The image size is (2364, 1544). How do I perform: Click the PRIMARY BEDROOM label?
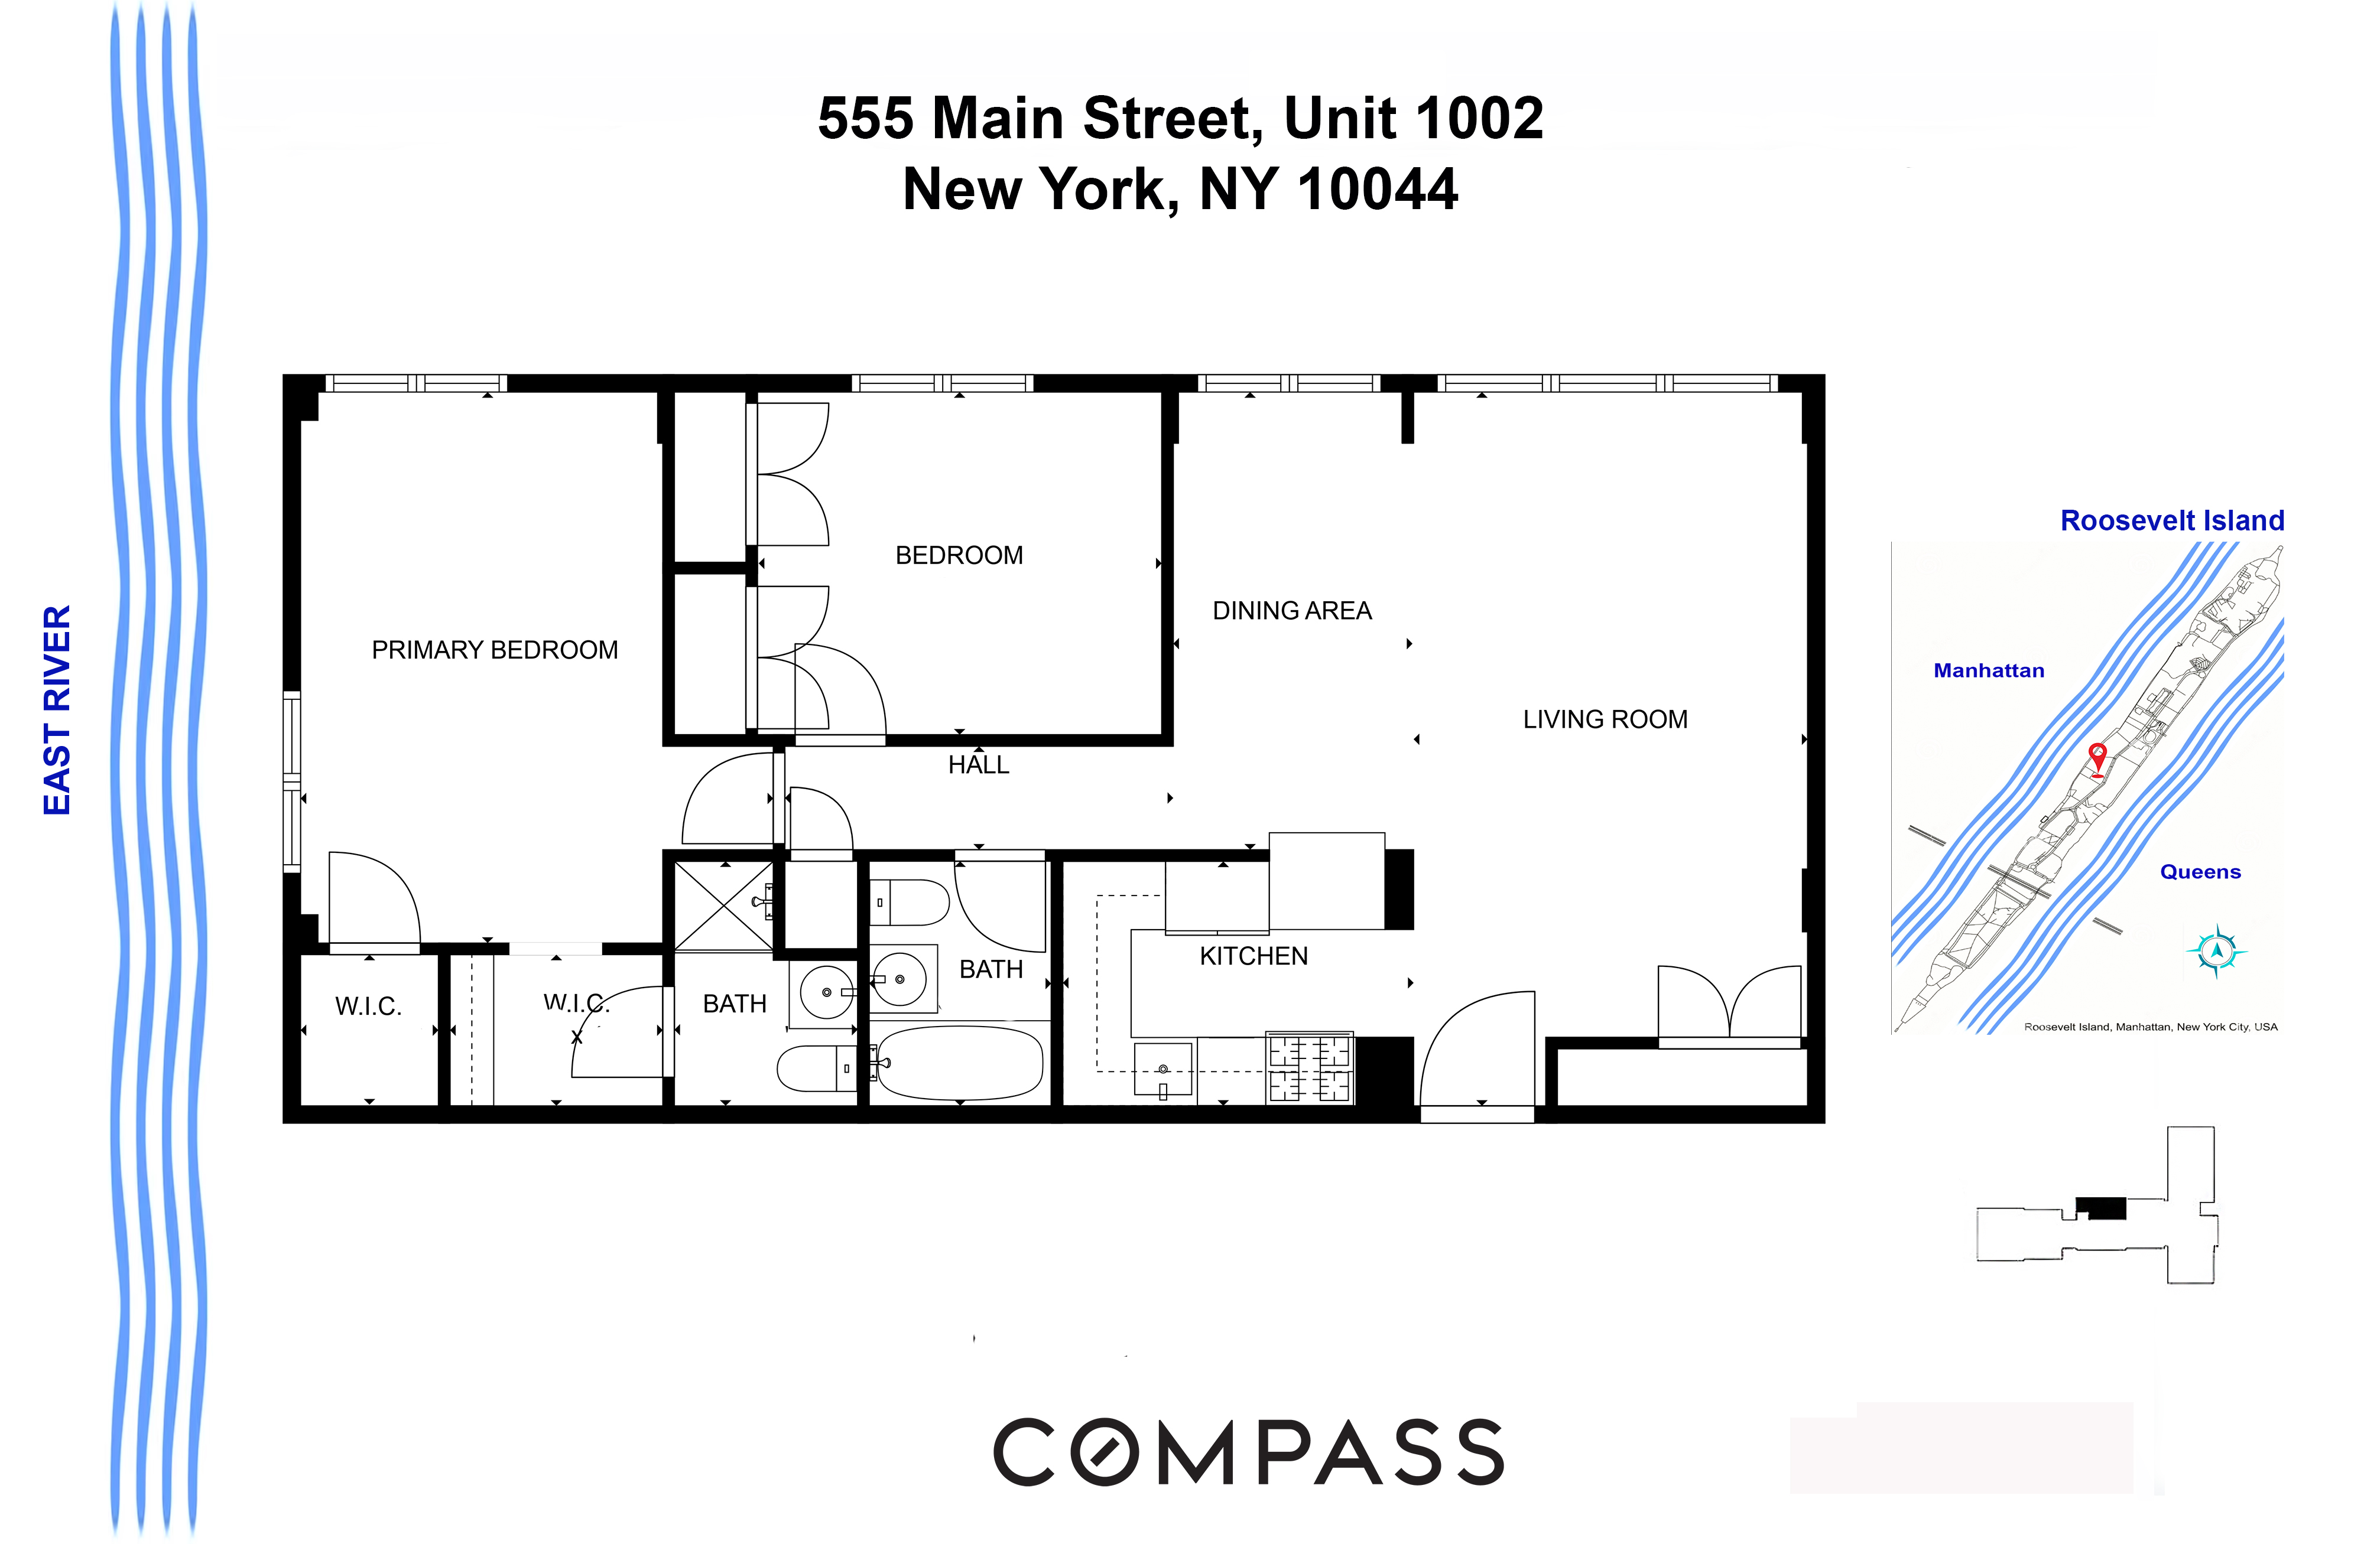495,650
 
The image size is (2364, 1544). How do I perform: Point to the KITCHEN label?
1254,956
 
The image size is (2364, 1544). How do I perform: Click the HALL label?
978,764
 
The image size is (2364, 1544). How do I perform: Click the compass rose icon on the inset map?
2216,950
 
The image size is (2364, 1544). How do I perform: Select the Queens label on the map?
2200,872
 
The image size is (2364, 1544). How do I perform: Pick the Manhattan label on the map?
1989,670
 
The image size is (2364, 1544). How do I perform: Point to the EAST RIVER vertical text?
57,710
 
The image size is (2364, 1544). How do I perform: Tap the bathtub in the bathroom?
960,1063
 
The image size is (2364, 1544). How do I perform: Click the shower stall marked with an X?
723,905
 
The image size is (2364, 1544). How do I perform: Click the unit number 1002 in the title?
1479,119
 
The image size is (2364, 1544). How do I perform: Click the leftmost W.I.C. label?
369,1007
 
